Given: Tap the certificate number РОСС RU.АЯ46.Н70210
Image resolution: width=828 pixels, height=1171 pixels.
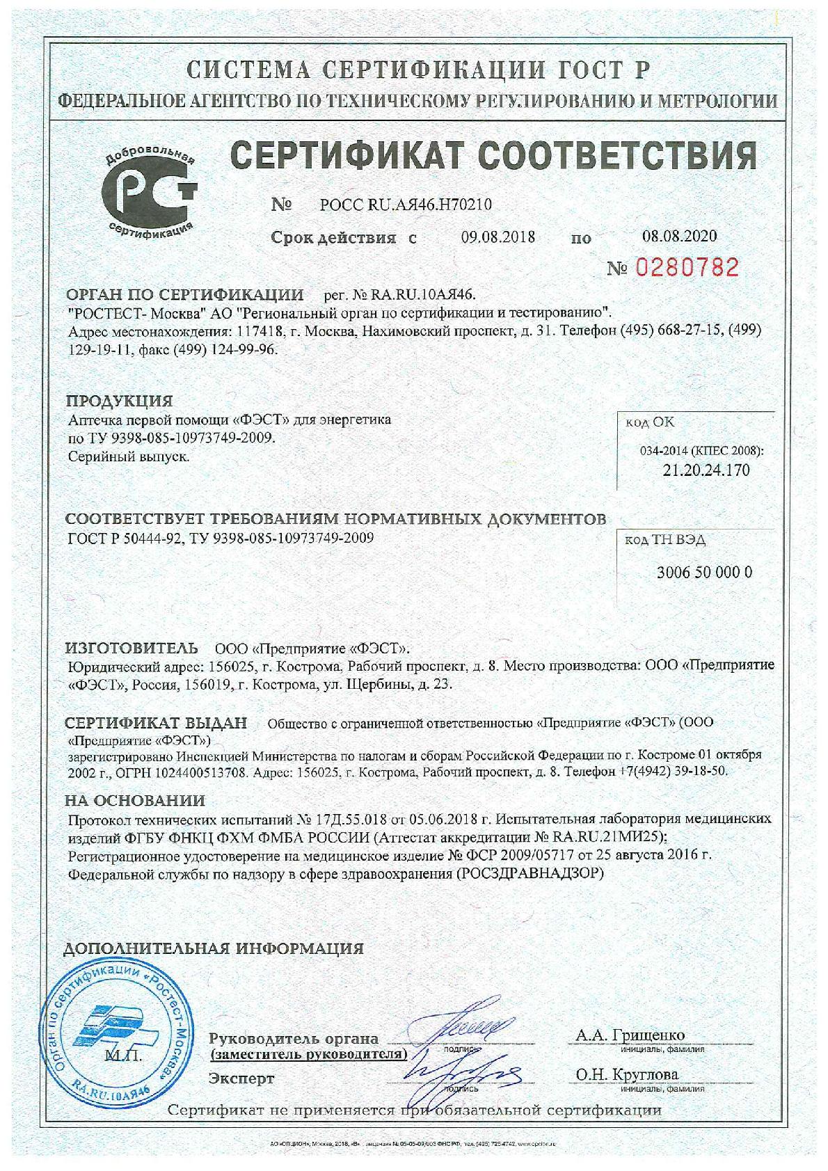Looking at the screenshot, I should [x=406, y=205].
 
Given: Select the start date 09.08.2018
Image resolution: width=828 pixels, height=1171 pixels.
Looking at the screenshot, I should [x=497, y=237].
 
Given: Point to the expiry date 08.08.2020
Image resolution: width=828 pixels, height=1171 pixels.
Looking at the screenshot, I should [x=679, y=236].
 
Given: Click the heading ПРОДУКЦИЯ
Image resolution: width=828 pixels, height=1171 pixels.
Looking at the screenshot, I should [x=119, y=401].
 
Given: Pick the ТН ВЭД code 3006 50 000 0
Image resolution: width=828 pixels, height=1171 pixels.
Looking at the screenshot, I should [x=704, y=573].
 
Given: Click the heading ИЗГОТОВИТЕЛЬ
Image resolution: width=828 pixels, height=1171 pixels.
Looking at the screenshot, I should [x=132, y=648].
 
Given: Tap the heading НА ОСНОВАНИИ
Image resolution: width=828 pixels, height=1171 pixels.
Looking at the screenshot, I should [x=135, y=801].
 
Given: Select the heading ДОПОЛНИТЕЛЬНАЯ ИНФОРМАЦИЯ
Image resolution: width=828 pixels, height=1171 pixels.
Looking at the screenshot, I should [x=214, y=948].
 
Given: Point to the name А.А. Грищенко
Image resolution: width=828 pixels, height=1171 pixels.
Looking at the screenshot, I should [x=630, y=1035].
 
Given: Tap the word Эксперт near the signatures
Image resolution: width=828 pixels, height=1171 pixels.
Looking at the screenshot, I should [x=241, y=1079].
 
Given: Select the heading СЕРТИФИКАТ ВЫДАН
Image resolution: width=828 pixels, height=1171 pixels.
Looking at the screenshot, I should [x=157, y=723].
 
